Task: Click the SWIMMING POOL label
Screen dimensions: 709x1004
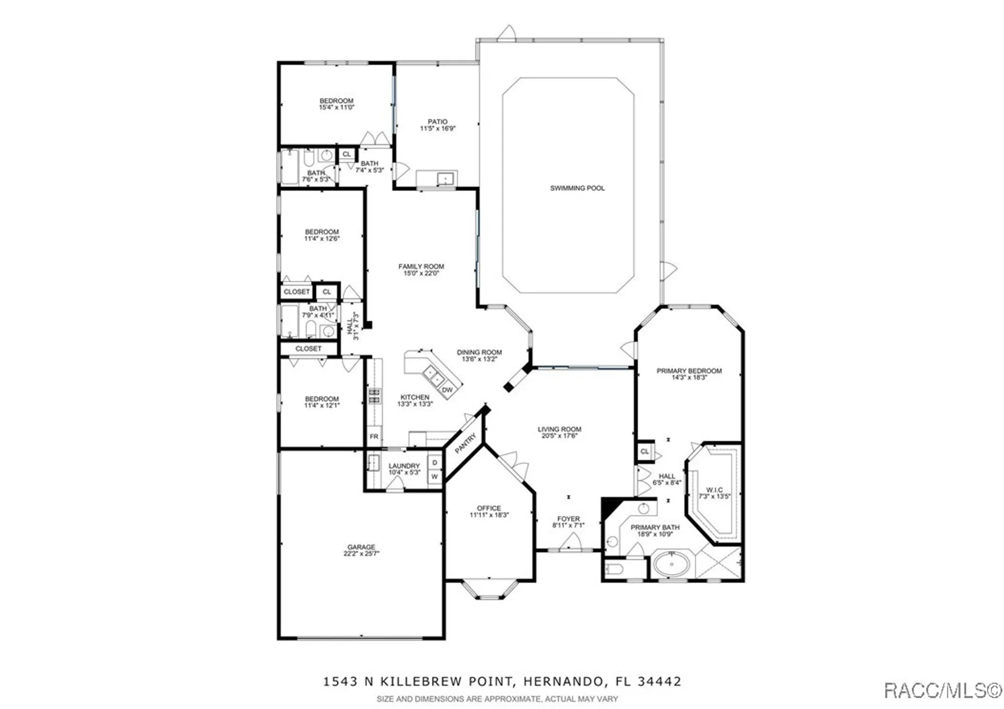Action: (x=577, y=188)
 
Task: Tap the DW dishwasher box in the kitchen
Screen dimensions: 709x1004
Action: (x=447, y=390)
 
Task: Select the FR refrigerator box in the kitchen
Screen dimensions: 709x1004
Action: (x=374, y=436)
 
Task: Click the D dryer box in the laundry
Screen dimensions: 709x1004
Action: (x=435, y=462)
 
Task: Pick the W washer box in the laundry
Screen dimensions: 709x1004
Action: (x=435, y=477)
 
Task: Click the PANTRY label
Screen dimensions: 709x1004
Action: (x=465, y=443)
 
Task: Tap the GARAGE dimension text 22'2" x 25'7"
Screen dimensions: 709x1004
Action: (x=361, y=554)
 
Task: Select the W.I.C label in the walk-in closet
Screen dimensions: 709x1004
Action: (x=714, y=490)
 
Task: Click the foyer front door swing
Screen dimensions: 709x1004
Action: (x=570, y=543)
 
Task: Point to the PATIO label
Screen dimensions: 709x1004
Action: (x=438, y=122)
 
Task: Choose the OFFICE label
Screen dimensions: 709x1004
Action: (x=489, y=508)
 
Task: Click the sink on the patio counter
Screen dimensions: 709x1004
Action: (x=445, y=178)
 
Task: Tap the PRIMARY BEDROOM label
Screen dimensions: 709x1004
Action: (x=689, y=371)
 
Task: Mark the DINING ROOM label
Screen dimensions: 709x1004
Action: (x=479, y=352)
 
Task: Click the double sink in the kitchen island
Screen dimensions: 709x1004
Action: (x=433, y=375)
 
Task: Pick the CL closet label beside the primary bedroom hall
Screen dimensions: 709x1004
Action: (x=645, y=451)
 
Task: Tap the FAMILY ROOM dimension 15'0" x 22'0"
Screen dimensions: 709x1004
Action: (x=421, y=273)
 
